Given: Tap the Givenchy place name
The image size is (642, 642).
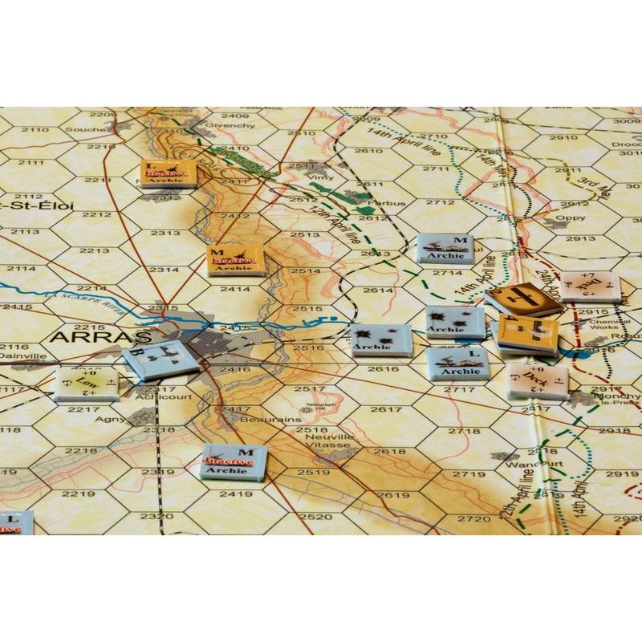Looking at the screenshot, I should [x=230, y=125].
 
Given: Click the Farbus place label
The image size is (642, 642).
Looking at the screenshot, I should [x=390, y=204].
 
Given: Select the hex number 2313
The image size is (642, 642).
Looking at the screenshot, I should [x=165, y=233].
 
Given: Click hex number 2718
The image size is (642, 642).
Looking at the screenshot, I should [x=464, y=431].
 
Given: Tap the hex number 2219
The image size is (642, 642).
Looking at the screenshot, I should [x=80, y=494].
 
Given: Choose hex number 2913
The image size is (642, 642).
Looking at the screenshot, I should [x=580, y=238].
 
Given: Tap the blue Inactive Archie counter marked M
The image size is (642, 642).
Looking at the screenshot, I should [x=233, y=462].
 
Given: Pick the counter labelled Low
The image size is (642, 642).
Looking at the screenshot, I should [x=87, y=384].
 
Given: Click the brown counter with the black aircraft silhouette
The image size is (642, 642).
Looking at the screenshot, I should [x=523, y=299].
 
